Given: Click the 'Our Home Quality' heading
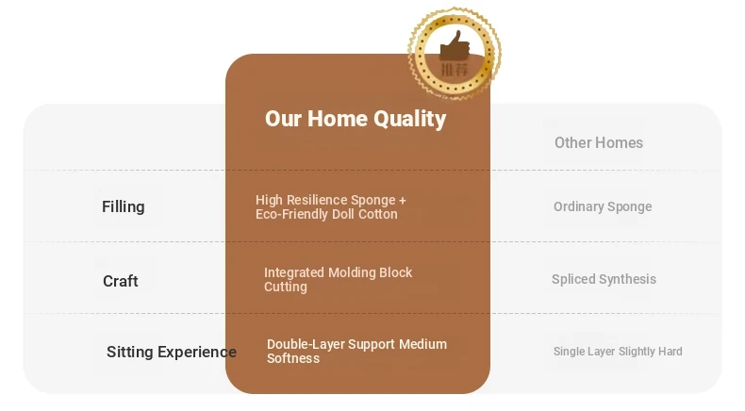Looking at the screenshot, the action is pos(356,119).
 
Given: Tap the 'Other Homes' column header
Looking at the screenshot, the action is pos(599,142).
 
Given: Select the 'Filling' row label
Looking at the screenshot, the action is pos(123,206).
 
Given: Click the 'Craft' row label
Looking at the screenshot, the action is pos(120,281).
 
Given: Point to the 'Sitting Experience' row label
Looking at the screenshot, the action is pos(172,352).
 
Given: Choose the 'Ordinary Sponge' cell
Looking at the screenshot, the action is pos(603,206).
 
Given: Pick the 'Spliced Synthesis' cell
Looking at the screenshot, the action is pos(604,279).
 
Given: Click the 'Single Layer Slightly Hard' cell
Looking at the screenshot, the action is pos(618,351).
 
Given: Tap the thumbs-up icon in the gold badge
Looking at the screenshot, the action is pos(455,46).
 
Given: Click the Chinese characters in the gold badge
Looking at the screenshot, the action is pos(455,70).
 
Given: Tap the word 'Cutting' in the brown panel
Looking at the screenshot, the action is pos(286,287).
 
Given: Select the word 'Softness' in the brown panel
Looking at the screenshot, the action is pos(293,358).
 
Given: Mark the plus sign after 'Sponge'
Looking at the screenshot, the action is pos(403,201).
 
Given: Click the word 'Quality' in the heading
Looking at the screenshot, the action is pos(409,120).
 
